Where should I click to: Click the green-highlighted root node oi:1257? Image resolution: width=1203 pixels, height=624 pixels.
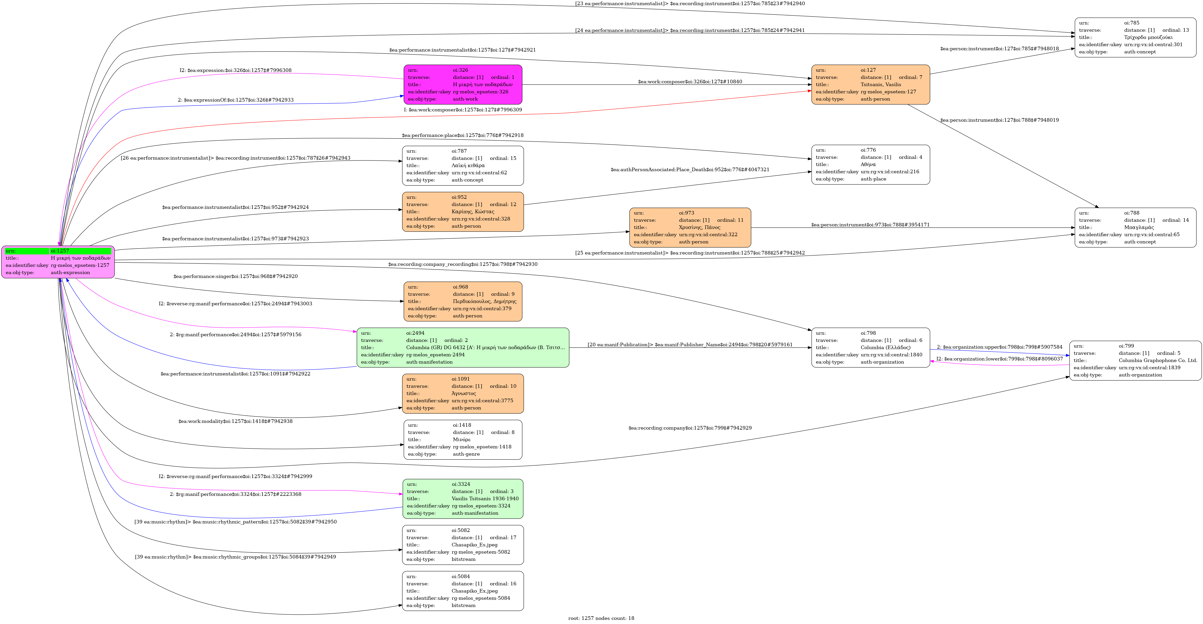58,262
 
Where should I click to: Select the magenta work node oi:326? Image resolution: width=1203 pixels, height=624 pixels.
462,85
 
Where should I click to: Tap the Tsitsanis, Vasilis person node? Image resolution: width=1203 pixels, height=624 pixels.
871,85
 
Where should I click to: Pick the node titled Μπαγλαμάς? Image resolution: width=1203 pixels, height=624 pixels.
1135,227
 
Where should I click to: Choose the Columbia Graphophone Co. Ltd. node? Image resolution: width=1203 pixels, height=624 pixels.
1135,360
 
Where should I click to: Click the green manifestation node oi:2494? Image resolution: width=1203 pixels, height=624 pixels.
462,347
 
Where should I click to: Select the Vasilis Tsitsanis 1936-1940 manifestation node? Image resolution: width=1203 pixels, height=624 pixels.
462,498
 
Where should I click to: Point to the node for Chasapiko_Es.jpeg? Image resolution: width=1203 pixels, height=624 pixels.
462,545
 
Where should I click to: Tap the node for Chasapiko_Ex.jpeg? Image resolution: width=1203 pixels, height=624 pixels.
462,591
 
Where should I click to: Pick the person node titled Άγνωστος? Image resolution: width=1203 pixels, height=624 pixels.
462,393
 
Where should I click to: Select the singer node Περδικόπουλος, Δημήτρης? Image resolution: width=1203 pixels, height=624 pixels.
462,301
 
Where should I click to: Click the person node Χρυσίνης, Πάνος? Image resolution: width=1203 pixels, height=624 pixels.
690,227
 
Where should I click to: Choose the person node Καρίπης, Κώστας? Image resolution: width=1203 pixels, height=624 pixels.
462,211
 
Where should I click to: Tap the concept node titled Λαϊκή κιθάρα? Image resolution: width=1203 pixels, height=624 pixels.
462,165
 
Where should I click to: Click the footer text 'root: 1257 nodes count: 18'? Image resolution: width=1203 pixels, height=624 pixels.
601,618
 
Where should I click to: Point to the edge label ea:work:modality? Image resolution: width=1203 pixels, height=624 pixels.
235,421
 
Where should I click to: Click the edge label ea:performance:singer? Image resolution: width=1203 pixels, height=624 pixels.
235,276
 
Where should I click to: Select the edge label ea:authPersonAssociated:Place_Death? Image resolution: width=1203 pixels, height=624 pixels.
690,169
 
